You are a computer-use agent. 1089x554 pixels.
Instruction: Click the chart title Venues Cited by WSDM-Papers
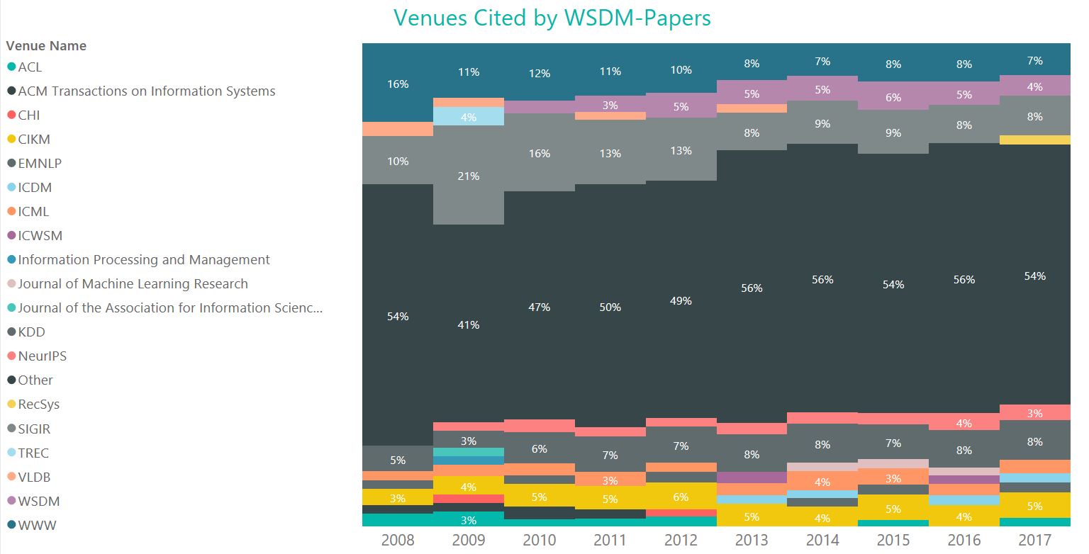click(552, 18)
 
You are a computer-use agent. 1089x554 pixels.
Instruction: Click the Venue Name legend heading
click(46, 46)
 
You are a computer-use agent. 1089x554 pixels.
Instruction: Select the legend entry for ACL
click(30, 67)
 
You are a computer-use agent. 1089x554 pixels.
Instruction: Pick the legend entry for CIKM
click(34, 140)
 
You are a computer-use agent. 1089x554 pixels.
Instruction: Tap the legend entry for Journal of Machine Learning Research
click(133, 284)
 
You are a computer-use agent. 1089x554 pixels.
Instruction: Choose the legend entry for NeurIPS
click(42, 356)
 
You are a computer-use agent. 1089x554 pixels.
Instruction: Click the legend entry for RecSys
click(38, 405)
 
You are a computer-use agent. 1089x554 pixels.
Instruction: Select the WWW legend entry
click(37, 526)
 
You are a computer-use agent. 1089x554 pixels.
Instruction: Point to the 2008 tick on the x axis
click(398, 540)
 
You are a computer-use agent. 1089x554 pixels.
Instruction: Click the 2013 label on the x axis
click(752, 540)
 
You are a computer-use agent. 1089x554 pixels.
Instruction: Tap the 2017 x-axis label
click(1035, 540)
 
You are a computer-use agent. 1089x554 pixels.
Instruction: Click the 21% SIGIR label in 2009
click(469, 176)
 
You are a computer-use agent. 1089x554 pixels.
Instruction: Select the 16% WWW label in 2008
click(398, 84)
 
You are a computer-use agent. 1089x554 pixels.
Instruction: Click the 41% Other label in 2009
click(469, 325)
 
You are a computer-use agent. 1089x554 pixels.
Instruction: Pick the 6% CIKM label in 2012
click(681, 497)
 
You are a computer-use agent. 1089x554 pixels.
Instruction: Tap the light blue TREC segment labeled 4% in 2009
click(469, 117)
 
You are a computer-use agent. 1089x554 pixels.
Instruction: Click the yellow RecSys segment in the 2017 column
click(1035, 140)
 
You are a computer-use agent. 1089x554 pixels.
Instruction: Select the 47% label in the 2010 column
click(540, 307)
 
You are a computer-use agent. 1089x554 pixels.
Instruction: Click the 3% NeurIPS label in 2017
click(1035, 413)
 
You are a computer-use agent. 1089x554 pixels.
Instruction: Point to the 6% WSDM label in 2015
click(893, 98)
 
